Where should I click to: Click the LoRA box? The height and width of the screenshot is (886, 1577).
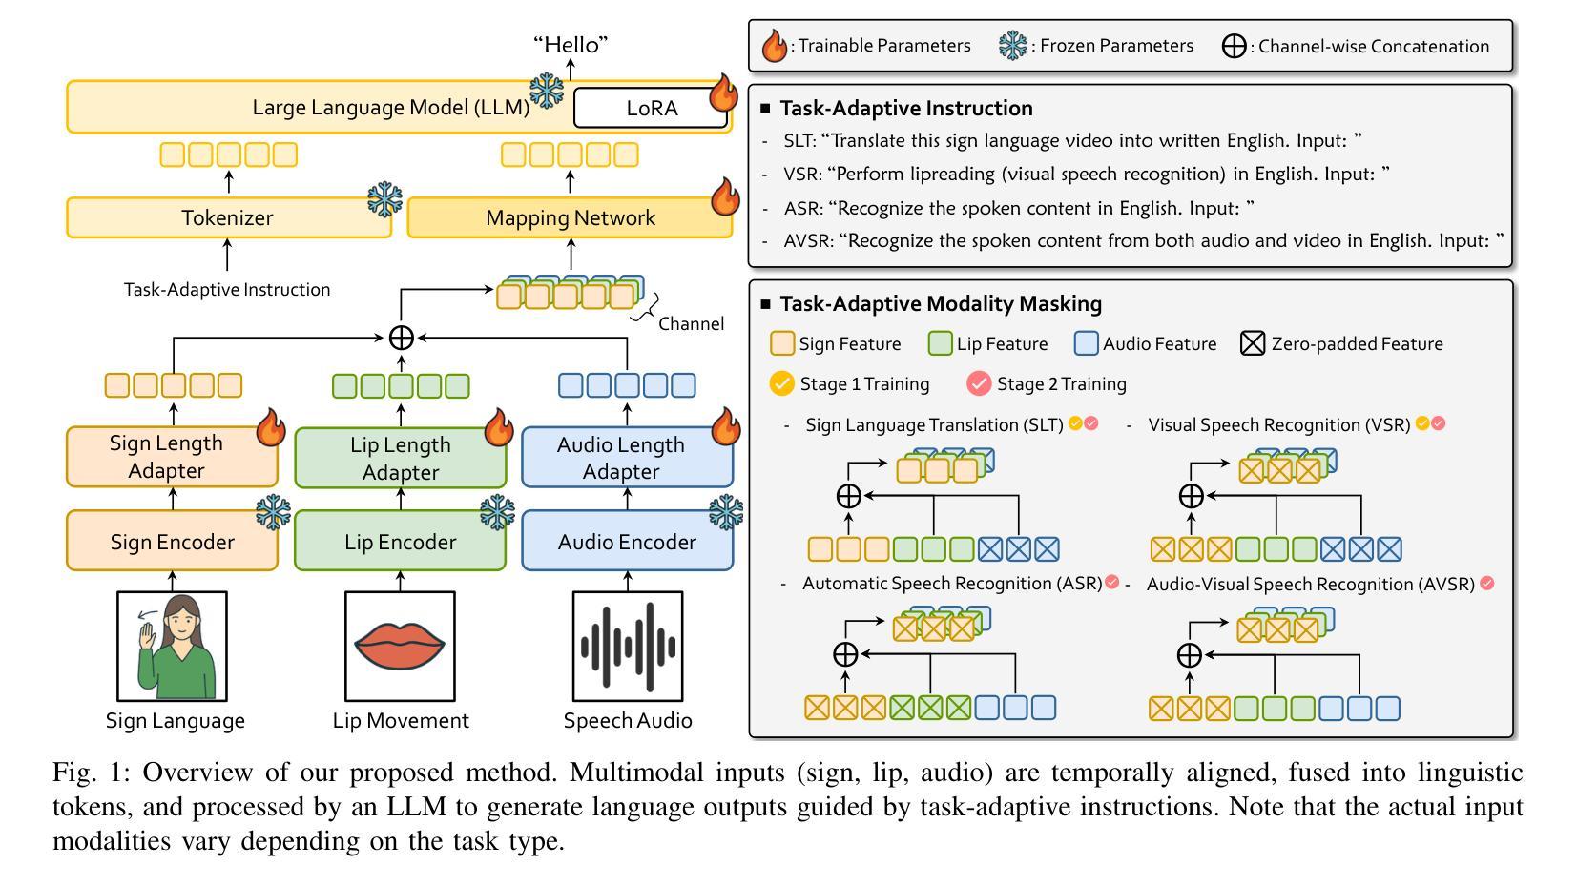click(652, 108)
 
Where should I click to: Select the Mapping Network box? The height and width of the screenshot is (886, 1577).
click(570, 217)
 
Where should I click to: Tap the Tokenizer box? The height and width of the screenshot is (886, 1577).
click(227, 217)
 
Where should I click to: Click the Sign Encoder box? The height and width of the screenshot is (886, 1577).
click(172, 542)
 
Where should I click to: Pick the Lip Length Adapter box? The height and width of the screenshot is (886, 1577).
click(400, 459)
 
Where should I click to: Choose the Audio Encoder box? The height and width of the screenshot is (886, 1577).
click(627, 542)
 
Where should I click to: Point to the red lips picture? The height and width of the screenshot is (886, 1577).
click(399, 645)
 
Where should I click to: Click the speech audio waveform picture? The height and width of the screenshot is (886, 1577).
click(627, 646)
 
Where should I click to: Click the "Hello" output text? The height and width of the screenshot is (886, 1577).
click(571, 45)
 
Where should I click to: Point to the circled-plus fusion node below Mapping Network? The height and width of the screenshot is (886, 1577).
click(401, 337)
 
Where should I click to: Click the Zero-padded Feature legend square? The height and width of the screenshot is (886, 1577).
click(1252, 343)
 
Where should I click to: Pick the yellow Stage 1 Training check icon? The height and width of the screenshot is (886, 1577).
click(781, 383)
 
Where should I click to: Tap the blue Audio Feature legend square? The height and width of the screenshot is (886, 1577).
click(1086, 343)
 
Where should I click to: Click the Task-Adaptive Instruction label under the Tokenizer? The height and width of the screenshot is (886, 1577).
click(227, 289)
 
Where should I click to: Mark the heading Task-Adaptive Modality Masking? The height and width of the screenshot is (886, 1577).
click(941, 303)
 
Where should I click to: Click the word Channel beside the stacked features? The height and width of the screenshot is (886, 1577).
click(691, 323)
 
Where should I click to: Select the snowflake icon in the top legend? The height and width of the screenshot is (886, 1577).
click(1012, 46)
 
